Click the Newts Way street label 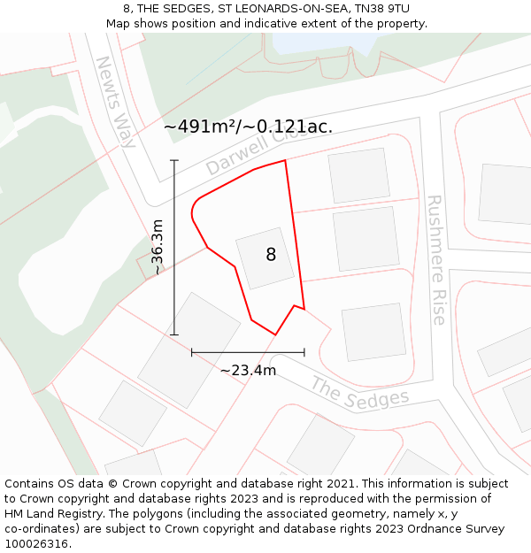click(116, 101)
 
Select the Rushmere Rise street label click(435, 260)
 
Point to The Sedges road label click(360, 393)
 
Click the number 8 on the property click(271, 255)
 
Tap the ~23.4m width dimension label click(248, 370)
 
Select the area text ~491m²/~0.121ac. click(248, 127)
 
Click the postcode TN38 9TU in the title click(378, 9)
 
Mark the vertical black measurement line click(174, 248)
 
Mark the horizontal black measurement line click(248, 352)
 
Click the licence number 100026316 click(36, 544)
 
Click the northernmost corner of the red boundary click(285, 160)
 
